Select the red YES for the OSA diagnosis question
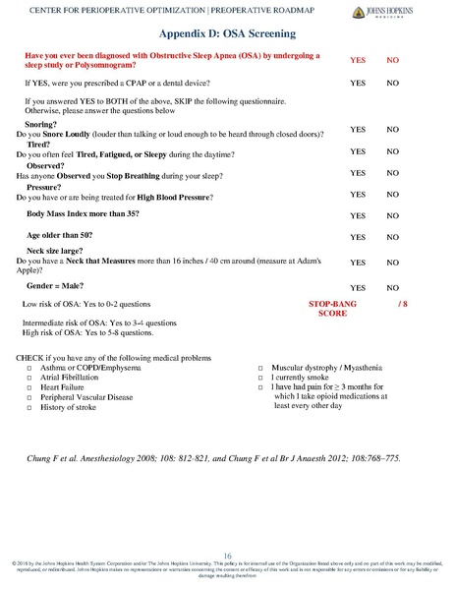pos(359,60)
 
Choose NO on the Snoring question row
pos(392,130)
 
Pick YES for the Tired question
pos(359,151)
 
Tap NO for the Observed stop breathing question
pos(392,172)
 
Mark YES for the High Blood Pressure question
pos(359,194)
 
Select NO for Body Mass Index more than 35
pos(392,215)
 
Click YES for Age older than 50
pos(359,238)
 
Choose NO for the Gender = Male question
pos(392,286)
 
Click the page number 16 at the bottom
pos(226,555)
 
